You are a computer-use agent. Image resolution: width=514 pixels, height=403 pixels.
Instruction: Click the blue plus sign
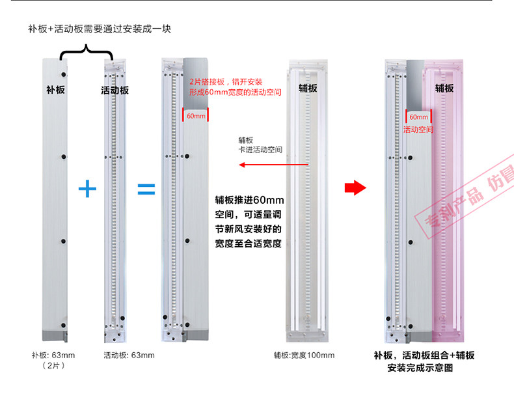[x=87, y=189]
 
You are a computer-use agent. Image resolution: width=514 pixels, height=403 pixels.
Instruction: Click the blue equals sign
[x=146, y=189]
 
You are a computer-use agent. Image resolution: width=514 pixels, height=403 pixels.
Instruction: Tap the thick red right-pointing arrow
[x=352, y=188]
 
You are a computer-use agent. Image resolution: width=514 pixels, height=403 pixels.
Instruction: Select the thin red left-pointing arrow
[x=261, y=165]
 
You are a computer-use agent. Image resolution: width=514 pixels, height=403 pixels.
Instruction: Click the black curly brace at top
[x=87, y=52]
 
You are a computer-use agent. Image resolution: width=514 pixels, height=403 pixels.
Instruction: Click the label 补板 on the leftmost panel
[x=55, y=89]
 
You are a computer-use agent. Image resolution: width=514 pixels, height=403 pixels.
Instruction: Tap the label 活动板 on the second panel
[x=115, y=90]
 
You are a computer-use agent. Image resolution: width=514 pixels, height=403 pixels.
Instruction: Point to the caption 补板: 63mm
[x=53, y=355]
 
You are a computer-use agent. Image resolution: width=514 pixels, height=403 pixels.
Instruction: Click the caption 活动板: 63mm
[x=129, y=355]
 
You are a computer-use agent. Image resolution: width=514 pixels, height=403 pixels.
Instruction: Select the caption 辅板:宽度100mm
[x=304, y=355]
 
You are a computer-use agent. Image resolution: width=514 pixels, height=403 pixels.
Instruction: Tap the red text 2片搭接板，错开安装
[x=225, y=82]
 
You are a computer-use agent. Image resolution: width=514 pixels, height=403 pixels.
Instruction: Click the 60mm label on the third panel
[x=195, y=116]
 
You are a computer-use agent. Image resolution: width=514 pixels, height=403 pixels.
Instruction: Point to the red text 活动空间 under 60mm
[x=418, y=130]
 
